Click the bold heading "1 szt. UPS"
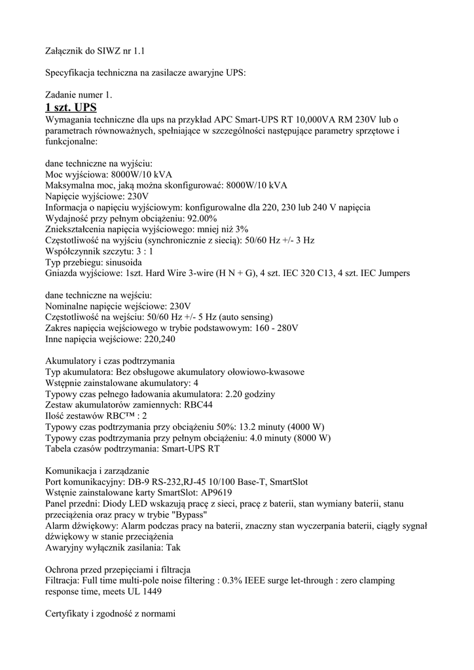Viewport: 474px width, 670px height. click(x=71, y=107)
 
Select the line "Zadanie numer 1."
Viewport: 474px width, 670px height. click(x=79, y=95)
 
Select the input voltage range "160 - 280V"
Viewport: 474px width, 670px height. click(x=274, y=328)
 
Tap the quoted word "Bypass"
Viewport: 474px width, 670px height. click(x=188, y=515)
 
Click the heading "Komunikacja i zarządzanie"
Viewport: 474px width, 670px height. click(x=97, y=470)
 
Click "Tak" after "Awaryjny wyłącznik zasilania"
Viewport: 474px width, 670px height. click(x=173, y=548)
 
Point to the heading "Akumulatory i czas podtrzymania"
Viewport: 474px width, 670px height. click(x=110, y=361)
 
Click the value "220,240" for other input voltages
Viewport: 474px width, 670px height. click(x=160, y=340)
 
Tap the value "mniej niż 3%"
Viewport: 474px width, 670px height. click(x=222, y=229)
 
